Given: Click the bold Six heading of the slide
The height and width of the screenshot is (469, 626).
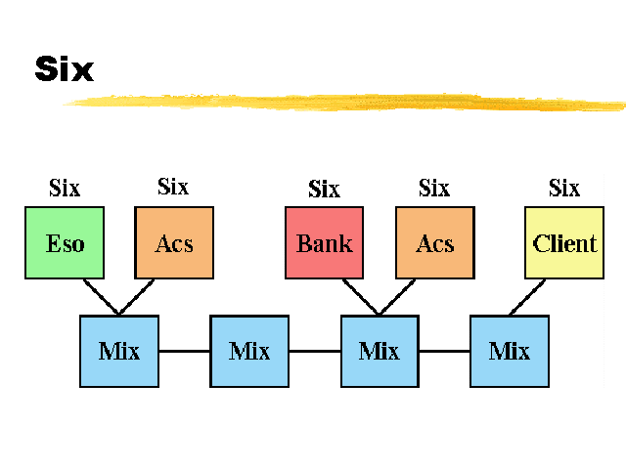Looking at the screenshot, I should [x=64, y=69].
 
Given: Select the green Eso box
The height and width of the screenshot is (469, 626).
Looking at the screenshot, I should [x=65, y=242].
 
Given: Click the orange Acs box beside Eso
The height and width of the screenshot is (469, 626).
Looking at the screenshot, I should [x=174, y=242].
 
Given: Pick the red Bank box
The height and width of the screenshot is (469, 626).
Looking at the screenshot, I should [x=325, y=242].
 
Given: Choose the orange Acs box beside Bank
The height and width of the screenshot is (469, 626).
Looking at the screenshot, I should [x=435, y=242].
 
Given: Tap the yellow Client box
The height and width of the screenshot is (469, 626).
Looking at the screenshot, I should [x=564, y=242].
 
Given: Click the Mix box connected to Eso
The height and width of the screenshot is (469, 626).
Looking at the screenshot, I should [x=119, y=350].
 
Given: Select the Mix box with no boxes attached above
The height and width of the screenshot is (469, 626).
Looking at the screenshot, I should [x=249, y=350].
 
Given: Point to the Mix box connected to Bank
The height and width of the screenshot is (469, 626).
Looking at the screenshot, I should [x=380, y=350].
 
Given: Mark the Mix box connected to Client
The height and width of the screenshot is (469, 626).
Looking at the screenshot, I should [x=509, y=350].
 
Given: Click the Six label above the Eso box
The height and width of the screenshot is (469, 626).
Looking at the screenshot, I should [x=65, y=188].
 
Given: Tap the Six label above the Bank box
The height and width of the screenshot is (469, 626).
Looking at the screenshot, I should [x=324, y=189].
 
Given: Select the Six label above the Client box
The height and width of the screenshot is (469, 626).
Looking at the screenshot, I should [x=564, y=188].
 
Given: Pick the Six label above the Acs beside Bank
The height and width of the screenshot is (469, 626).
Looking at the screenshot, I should [x=434, y=188].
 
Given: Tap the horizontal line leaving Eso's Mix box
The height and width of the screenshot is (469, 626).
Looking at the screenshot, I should [x=184, y=350].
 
